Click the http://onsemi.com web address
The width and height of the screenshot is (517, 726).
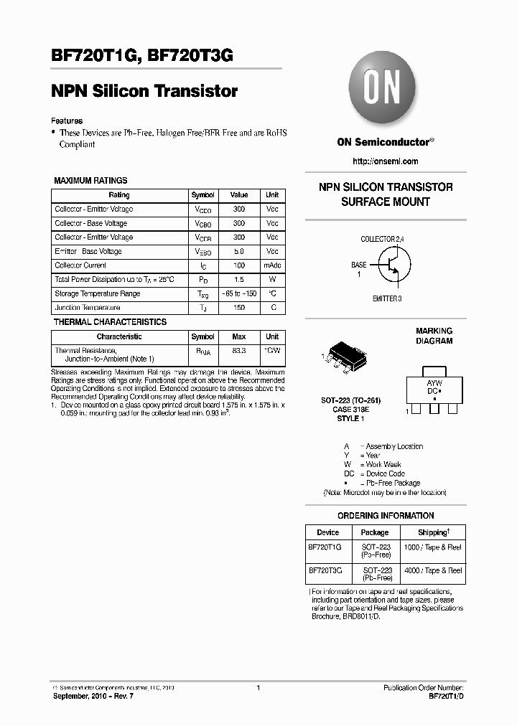point(386,161)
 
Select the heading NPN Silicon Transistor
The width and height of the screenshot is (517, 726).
point(144,92)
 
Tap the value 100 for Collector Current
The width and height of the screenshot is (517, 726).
point(238,265)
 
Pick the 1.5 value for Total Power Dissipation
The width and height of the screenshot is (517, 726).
point(238,279)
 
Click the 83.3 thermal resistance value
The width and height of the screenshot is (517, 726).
point(238,351)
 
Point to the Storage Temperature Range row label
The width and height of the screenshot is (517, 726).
point(97,293)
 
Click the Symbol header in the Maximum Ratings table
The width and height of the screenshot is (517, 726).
point(202,195)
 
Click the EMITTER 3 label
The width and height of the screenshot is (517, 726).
point(387,298)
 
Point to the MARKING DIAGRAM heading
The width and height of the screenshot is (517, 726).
point(434,336)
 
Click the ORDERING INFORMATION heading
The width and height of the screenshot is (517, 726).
point(386,516)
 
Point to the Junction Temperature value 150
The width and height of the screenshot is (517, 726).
point(238,308)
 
